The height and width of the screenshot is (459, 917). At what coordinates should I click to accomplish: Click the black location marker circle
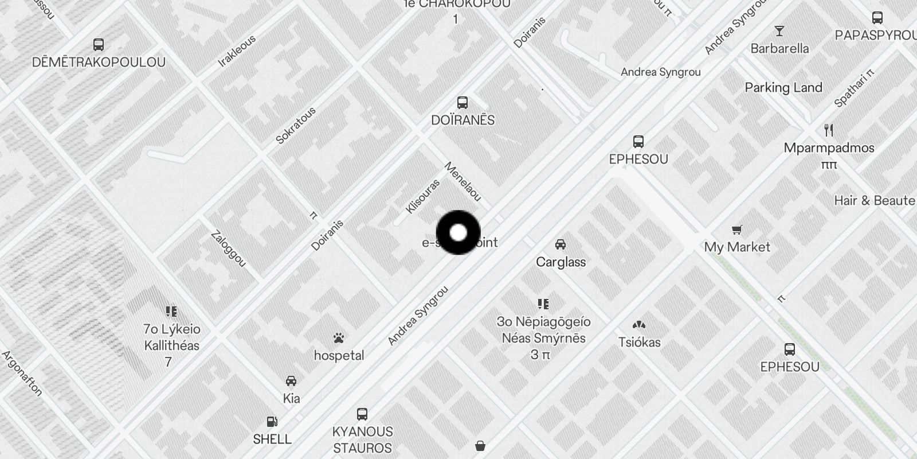tap(458, 232)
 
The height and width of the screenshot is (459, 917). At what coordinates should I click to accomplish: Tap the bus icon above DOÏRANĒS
tap(463, 103)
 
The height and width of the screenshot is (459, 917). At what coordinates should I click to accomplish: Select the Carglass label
tap(561, 262)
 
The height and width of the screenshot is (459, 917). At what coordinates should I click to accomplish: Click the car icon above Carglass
tap(561, 244)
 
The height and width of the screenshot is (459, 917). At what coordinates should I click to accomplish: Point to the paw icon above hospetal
tap(339, 338)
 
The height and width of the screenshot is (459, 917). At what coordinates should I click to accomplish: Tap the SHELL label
tap(272, 439)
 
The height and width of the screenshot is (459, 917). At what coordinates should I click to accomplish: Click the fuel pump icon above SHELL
tap(272, 422)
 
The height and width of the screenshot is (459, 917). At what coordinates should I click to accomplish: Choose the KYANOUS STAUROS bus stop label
tap(362, 439)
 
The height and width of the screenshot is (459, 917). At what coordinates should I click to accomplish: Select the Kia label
tap(291, 398)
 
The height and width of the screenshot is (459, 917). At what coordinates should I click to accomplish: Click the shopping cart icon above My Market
tap(737, 230)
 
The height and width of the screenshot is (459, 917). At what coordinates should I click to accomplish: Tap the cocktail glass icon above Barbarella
tap(779, 31)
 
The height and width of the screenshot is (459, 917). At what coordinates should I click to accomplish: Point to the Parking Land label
tap(783, 88)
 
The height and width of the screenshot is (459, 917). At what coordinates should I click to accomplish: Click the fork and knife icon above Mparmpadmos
tap(829, 130)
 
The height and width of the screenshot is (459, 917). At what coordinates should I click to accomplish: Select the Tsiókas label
tap(639, 343)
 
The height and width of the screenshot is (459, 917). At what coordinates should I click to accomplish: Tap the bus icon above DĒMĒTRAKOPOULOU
tap(99, 44)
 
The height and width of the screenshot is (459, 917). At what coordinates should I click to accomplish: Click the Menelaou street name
tap(463, 182)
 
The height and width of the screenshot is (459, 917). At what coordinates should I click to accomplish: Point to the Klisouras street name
tap(422, 196)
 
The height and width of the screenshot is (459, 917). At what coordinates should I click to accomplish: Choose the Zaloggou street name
tap(228, 248)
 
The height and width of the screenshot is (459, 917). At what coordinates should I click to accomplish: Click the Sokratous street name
tap(296, 126)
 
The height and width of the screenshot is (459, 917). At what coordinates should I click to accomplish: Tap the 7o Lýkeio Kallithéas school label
tap(171, 337)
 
